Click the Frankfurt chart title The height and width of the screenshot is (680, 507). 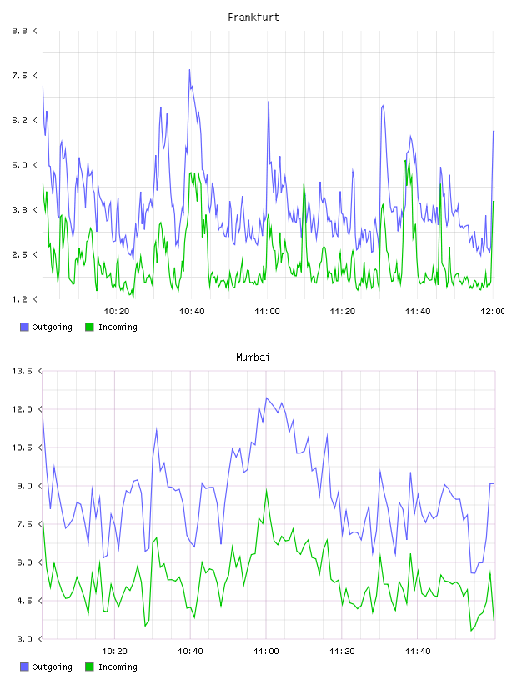[x=254, y=17]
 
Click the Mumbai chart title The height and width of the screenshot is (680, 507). [x=253, y=357]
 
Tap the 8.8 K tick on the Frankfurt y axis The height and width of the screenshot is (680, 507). [x=24, y=31]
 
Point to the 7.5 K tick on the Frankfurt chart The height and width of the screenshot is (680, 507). [x=24, y=76]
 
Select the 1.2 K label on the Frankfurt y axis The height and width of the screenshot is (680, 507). [x=24, y=299]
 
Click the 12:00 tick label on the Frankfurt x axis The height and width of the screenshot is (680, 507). [x=492, y=312]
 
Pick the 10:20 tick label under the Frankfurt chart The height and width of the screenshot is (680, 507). [x=117, y=312]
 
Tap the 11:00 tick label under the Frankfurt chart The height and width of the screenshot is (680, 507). [x=267, y=312]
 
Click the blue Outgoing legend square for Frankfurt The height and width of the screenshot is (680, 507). [x=24, y=327]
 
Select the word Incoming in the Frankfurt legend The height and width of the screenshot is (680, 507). [x=118, y=327]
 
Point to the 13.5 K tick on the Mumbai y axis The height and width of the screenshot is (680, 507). [x=27, y=371]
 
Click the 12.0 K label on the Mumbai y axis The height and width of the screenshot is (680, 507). [x=27, y=409]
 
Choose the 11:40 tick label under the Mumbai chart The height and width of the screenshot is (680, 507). [x=418, y=652]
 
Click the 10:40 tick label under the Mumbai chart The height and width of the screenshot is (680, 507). [x=190, y=652]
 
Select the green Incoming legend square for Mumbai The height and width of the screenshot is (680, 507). [x=89, y=667]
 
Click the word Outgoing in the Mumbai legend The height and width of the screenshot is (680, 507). [x=52, y=667]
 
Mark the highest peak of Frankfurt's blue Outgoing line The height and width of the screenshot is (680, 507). [x=189, y=69]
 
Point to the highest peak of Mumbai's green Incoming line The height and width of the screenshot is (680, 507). [x=267, y=489]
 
